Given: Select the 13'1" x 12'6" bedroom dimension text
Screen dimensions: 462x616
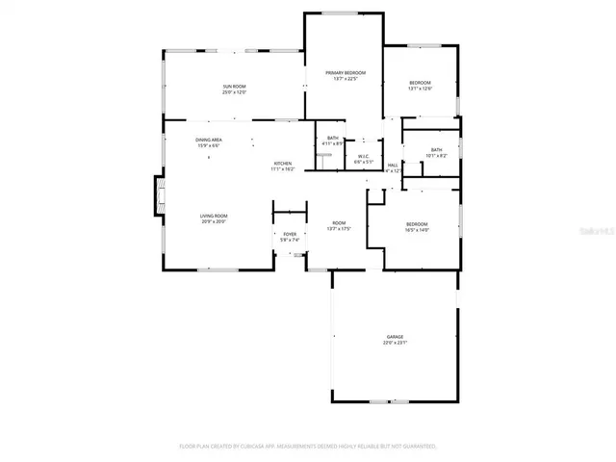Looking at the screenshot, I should [x=421, y=89].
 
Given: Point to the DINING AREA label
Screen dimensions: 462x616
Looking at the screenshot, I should [x=209, y=141].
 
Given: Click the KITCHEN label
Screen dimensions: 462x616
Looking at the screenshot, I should [x=282, y=164].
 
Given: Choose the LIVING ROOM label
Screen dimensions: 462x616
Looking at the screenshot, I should [x=213, y=216].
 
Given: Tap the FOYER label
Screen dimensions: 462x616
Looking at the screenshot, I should [x=290, y=234].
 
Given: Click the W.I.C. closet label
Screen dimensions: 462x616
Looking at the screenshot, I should [x=364, y=156].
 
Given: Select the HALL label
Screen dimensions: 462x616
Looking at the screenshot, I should [x=393, y=166].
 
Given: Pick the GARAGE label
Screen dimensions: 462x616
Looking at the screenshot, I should [x=396, y=337].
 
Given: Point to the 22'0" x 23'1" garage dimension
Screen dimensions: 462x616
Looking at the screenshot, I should [x=396, y=343].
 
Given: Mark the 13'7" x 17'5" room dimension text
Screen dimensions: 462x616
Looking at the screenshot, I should [x=339, y=229].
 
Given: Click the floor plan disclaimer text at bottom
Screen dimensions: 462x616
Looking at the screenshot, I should [x=308, y=447].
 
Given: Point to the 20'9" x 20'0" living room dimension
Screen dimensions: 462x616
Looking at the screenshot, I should [x=213, y=221].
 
